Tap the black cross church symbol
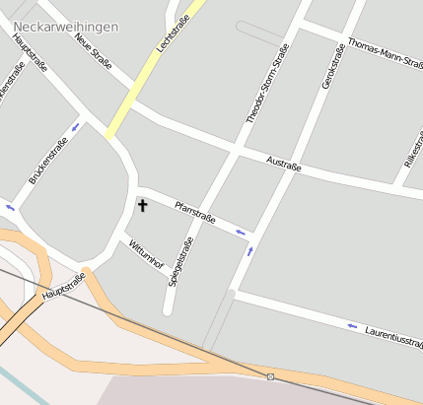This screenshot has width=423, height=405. [x=142, y=205]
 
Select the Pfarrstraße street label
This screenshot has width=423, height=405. [x=194, y=212]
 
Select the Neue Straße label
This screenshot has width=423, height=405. [x=94, y=52]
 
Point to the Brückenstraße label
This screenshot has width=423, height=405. [x=47, y=161]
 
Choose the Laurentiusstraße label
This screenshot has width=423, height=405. [x=393, y=337]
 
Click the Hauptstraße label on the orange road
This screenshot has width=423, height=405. [x=64, y=286]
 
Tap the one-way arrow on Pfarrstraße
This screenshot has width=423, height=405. [x=241, y=233]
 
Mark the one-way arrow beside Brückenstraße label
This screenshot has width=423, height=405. [x=77, y=127]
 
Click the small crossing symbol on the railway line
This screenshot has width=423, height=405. [x=270, y=376]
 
